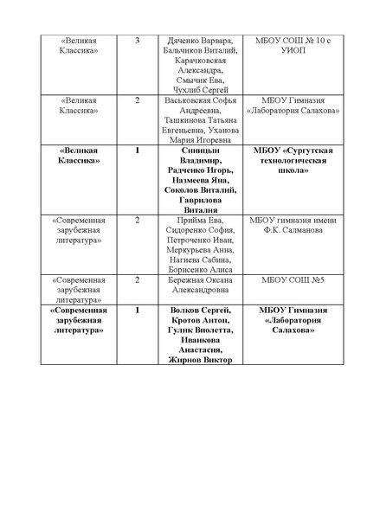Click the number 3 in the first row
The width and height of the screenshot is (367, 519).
coord(138,41)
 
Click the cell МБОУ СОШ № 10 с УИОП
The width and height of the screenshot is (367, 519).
coord(293,46)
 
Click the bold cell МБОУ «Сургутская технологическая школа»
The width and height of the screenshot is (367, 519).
coord(293,161)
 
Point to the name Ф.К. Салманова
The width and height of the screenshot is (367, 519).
coord(293,231)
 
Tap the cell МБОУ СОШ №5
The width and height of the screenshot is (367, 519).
coord(293,280)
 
